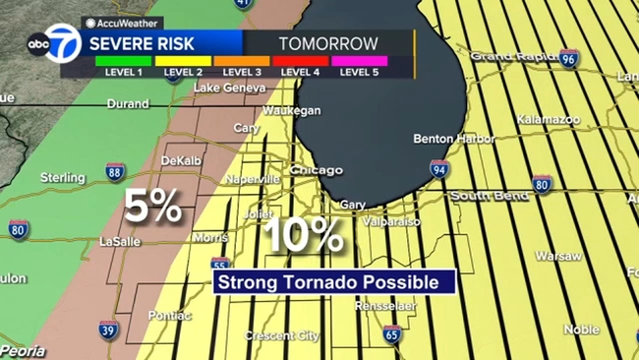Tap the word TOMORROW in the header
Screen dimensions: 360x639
328,43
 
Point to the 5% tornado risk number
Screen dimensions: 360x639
152,207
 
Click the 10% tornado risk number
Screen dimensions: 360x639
307,234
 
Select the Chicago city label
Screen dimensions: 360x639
317,170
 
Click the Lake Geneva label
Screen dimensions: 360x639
229,88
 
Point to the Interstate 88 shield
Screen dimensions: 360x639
115,172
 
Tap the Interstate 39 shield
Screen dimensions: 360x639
108,330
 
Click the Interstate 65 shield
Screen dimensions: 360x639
392,335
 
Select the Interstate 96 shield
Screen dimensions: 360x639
569,59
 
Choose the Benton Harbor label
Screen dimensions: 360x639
453,139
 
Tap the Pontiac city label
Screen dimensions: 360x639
170,315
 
